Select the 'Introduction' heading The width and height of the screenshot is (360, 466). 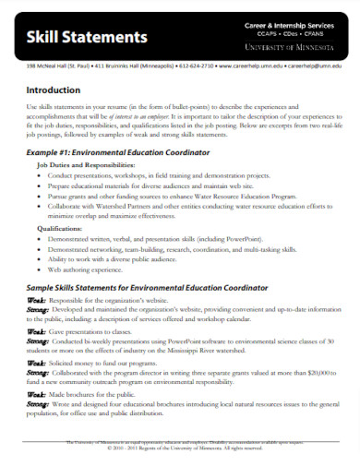click(x=54, y=90)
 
